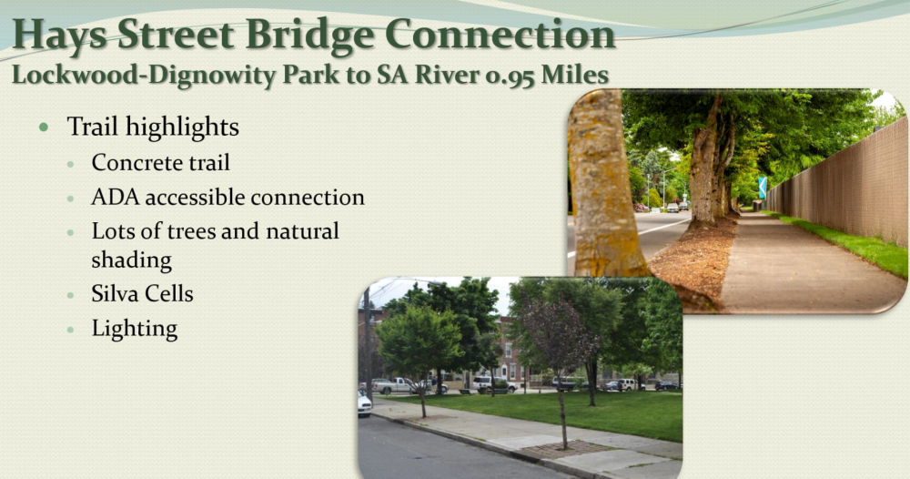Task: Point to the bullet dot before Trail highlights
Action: click(x=44, y=127)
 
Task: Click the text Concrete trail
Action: click(x=161, y=163)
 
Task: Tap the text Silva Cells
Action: click(x=142, y=293)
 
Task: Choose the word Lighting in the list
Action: click(x=135, y=329)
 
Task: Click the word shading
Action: click(x=132, y=260)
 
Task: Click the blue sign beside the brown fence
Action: click(x=763, y=188)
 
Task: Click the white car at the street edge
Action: click(x=364, y=403)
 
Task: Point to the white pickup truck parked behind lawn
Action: click(x=394, y=385)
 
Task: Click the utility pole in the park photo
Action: click(x=368, y=342)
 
